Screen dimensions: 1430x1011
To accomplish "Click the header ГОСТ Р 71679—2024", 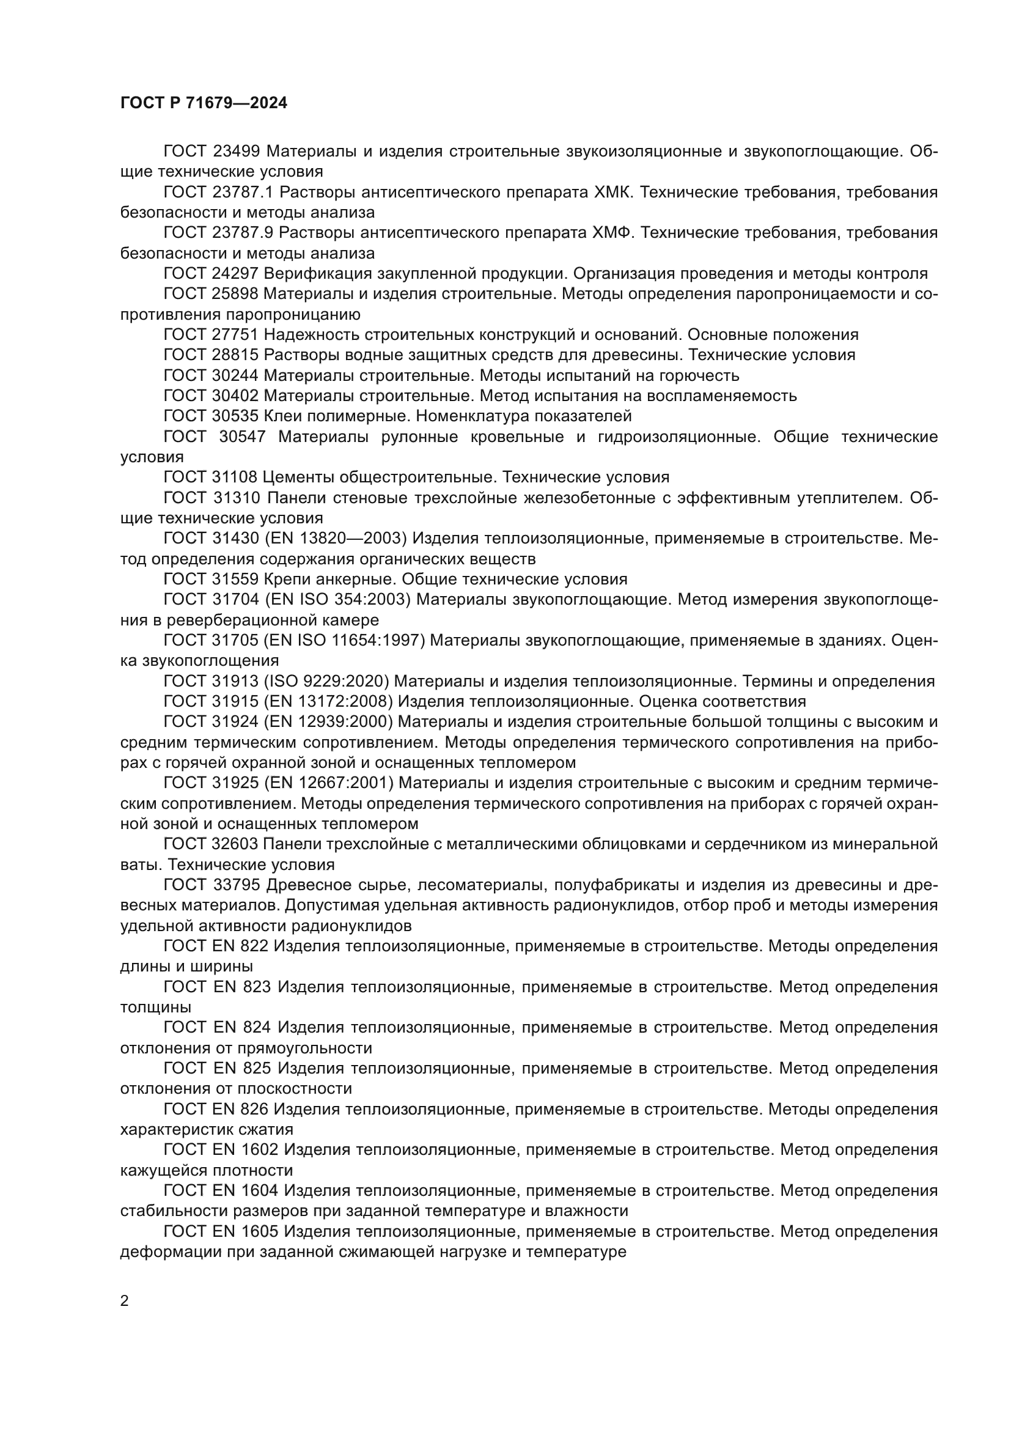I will (x=204, y=103).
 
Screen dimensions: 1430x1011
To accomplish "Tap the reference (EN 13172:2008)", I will (x=328, y=702).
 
